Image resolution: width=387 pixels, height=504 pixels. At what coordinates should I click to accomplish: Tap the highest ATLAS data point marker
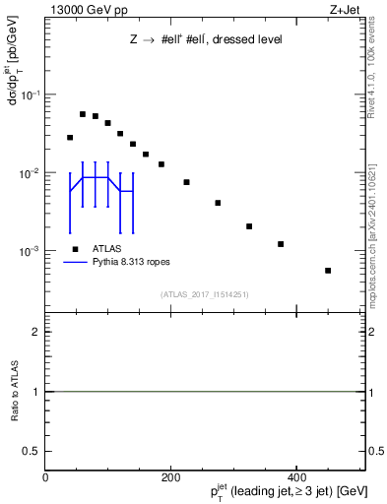coord(83,114)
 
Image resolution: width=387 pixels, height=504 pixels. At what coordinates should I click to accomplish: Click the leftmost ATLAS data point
coord(70,138)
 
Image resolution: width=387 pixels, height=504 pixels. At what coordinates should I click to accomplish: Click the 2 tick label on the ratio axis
coord(35,332)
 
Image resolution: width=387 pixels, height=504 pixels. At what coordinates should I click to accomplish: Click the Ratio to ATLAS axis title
coord(16,391)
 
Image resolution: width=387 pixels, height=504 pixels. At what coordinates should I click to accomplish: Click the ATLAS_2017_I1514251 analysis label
coord(205,294)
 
